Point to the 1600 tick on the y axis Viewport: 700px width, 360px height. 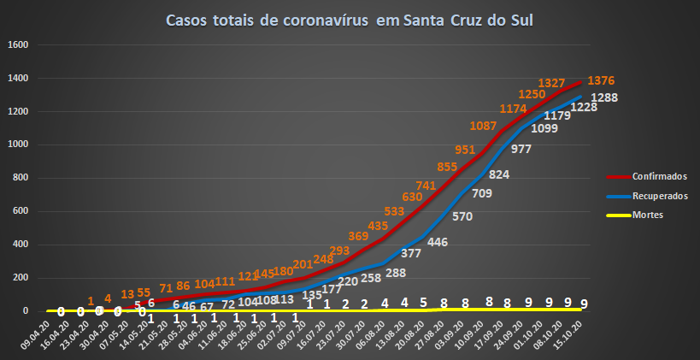coord(19,45)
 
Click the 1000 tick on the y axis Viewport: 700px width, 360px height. coord(19,145)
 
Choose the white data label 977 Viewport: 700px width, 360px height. coord(521,149)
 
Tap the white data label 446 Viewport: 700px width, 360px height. coord(438,242)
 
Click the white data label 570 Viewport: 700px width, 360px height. coord(462,216)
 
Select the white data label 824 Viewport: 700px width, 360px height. coord(499,174)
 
